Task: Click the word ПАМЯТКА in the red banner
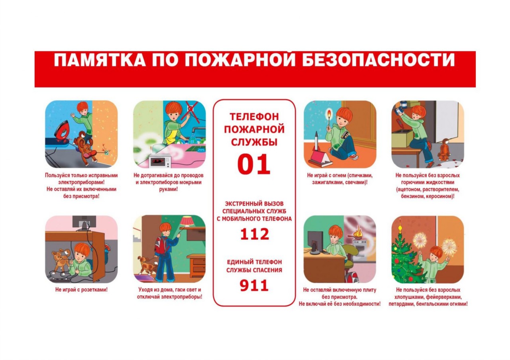click(x=100, y=60)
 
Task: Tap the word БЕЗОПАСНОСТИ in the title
click(x=379, y=60)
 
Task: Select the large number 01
click(x=254, y=164)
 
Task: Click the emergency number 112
click(x=255, y=234)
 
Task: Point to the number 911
click(x=254, y=286)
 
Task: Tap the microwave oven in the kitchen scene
click(x=160, y=160)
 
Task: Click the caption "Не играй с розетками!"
click(x=81, y=290)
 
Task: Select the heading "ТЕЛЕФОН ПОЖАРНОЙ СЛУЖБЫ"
click(x=254, y=129)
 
